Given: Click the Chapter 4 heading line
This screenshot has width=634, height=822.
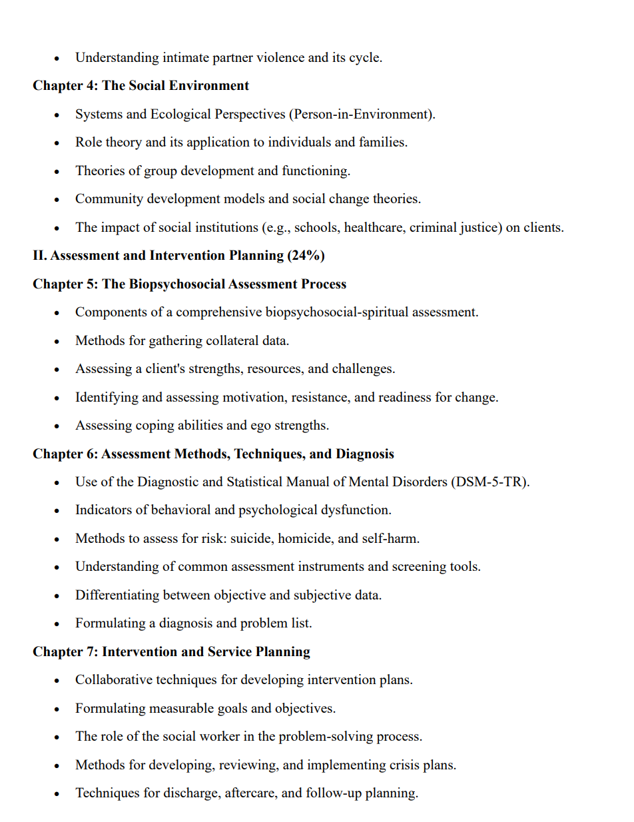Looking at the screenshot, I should point(141,86).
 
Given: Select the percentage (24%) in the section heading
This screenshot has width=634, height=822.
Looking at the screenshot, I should point(306,256).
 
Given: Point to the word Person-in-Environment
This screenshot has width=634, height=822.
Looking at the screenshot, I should point(361,114).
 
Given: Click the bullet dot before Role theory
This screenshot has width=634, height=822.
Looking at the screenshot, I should point(58,143).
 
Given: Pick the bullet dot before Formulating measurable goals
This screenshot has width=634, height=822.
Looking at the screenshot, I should point(58,709).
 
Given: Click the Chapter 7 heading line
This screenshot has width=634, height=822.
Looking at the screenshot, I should point(171,651).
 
